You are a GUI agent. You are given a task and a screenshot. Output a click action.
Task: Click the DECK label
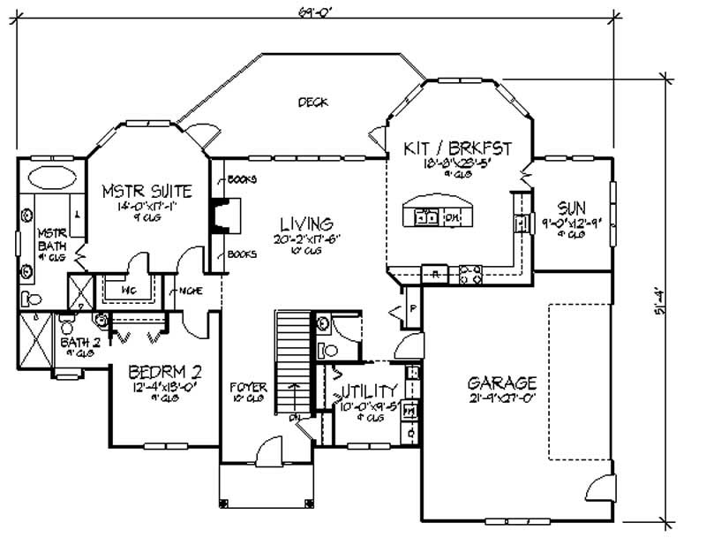312,102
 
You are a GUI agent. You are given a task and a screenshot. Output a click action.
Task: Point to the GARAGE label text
502,383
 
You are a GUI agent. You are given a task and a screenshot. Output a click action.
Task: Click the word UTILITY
369,390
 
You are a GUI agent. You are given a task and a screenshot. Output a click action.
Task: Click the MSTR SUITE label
146,191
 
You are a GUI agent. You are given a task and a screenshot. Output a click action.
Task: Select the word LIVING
301,223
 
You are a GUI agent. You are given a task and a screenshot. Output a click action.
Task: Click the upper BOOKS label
241,179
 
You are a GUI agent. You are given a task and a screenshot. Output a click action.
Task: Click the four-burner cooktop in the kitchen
469,275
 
